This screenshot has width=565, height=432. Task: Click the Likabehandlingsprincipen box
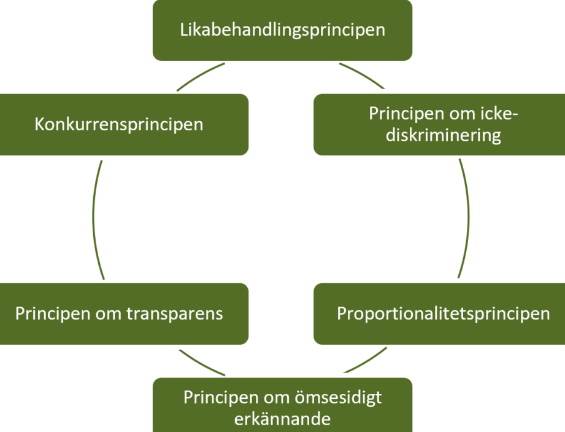pos(282,30)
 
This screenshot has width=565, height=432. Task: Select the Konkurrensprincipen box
pos(124,125)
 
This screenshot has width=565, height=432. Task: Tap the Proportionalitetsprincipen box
pos(439,313)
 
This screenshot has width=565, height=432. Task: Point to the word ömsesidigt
pos(339,398)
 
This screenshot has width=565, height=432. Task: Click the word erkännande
pos(282,419)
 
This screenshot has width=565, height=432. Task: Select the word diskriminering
pos(443,135)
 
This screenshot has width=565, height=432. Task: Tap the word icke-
pos(499,114)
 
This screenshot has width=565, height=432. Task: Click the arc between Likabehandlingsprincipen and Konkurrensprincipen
pos(199,76)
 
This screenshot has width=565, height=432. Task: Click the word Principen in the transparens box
pos(53,313)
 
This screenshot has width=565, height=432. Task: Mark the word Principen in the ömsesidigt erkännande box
pos(221,398)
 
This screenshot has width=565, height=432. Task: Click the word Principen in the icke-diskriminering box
pos(407,114)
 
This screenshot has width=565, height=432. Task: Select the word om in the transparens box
pos(108,314)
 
